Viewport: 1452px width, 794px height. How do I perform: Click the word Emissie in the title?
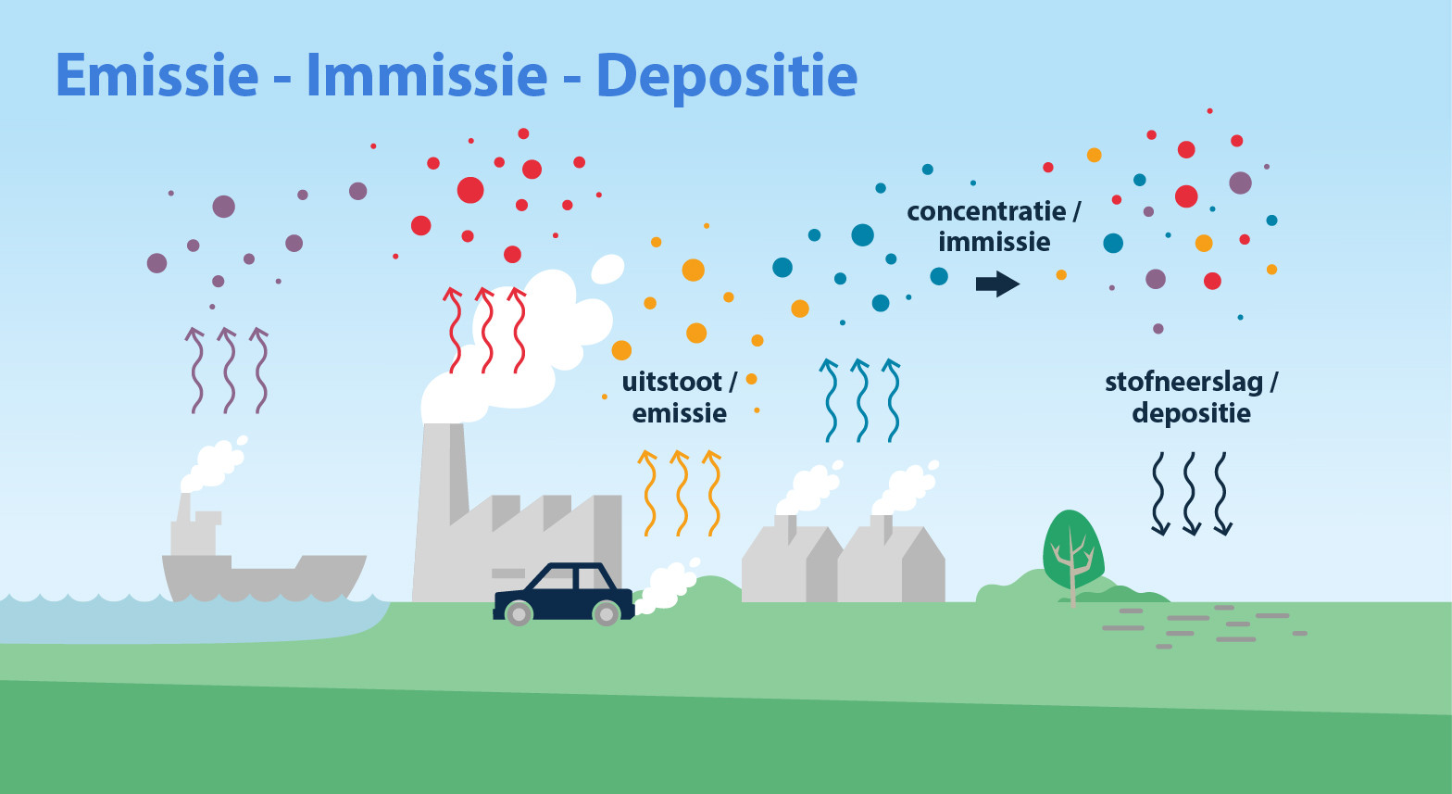click(x=157, y=75)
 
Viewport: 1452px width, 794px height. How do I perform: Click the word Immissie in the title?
click(x=427, y=75)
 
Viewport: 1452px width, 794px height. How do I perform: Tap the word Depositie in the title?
click(x=727, y=79)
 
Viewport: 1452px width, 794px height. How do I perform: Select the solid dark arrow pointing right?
click(x=997, y=284)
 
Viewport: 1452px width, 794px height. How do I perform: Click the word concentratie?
click(x=986, y=211)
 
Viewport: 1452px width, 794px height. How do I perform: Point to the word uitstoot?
click(x=671, y=382)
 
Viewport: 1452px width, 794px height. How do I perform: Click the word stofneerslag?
click(x=1184, y=383)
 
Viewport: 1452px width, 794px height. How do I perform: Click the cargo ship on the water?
click(x=263, y=558)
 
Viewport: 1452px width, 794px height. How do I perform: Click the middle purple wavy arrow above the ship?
click(x=228, y=371)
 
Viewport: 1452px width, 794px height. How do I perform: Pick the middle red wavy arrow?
click(x=485, y=331)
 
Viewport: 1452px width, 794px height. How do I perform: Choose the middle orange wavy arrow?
click(x=680, y=493)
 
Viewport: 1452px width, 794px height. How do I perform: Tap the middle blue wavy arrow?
click(x=860, y=400)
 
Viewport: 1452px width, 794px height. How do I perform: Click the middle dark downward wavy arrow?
click(x=1191, y=494)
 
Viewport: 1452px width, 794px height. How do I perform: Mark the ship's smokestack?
click(x=185, y=508)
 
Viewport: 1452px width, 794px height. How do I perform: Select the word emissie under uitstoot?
click(x=680, y=414)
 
